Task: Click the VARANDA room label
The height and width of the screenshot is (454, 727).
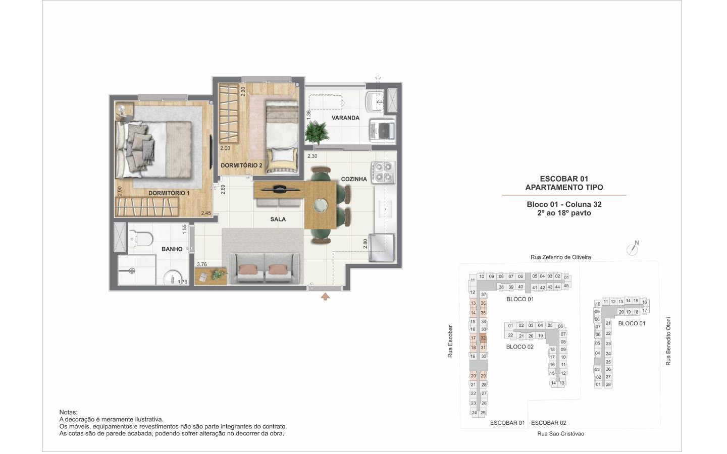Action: click(x=345, y=118)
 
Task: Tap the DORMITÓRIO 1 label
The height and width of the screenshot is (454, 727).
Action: click(x=169, y=193)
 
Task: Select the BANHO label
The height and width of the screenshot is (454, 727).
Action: click(x=172, y=249)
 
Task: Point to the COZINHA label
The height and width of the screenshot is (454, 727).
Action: click(x=354, y=179)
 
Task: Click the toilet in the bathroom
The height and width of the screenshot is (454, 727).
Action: click(x=140, y=239)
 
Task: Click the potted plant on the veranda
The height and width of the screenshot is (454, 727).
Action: click(x=316, y=132)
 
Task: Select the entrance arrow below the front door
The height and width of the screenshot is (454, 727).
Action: click(x=325, y=297)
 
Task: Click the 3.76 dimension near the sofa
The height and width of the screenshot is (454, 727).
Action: click(x=202, y=264)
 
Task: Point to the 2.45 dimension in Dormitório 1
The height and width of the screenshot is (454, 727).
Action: click(x=206, y=213)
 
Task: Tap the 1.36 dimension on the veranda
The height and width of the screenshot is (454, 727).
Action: click(x=308, y=115)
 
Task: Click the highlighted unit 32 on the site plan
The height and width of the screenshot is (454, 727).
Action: click(x=483, y=337)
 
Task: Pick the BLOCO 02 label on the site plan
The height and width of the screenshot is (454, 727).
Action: click(x=520, y=347)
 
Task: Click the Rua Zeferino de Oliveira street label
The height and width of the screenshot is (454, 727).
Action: click(x=560, y=257)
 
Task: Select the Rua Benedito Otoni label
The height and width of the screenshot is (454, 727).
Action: click(x=668, y=342)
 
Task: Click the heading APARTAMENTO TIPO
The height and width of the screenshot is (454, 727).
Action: click(x=564, y=187)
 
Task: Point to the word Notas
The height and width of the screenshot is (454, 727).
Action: click(x=69, y=413)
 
